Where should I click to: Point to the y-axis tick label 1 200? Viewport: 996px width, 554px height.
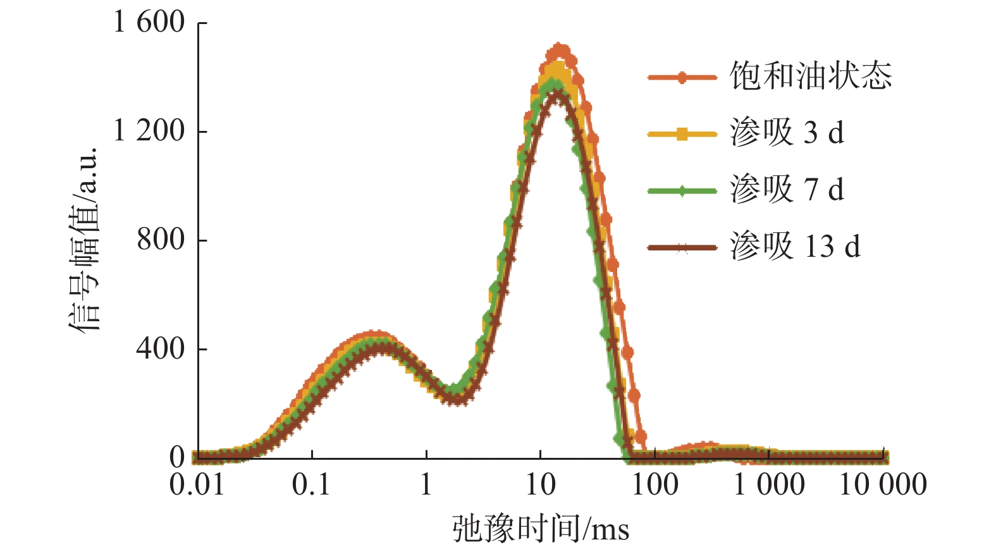(149, 131)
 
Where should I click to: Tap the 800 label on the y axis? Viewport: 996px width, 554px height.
(161, 240)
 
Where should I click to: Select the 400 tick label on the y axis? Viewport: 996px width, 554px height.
(161, 348)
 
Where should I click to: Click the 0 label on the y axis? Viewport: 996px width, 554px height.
(177, 457)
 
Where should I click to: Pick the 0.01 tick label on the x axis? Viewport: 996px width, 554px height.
(197, 485)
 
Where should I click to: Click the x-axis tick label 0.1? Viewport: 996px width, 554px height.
(311, 485)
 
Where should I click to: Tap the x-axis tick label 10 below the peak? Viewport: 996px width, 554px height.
(541, 485)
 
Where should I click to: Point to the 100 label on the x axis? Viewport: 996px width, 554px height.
(655, 485)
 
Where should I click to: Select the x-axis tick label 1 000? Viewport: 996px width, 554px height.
(769, 485)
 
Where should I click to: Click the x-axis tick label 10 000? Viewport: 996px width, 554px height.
(883, 485)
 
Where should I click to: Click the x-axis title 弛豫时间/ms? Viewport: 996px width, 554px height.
(541, 529)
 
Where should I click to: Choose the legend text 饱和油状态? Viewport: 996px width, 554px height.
(811, 77)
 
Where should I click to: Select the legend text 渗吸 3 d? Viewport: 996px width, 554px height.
(787, 133)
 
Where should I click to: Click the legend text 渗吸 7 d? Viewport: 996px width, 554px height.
(787, 190)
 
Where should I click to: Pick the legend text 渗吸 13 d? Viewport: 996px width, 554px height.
(795, 246)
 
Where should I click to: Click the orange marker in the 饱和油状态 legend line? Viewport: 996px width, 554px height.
(682, 78)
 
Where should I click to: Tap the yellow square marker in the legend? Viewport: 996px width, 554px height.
(682, 134)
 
